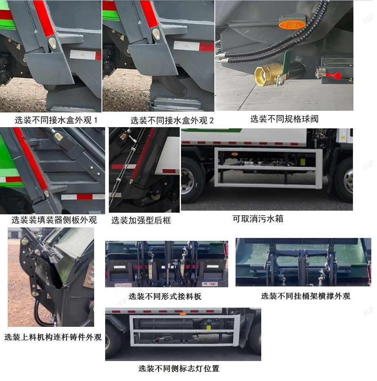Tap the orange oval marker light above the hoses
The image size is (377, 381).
pyautogui.click(x=292, y=24)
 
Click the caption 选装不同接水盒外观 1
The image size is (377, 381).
pyautogui.click(x=56, y=120)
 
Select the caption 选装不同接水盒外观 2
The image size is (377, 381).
pyautogui.click(x=172, y=121)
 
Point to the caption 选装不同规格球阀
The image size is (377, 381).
pyautogui.click(x=284, y=119)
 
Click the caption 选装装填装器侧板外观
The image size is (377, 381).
pyautogui.click(x=54, y=220)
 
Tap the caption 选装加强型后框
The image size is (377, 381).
pyautogui.click(x=141, y=220)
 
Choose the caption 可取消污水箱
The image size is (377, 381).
pyautogui.click(x=258, y=219)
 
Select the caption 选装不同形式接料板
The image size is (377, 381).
pyautogui.click(x=165, y=297)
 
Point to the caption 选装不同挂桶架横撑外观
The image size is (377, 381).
pyautogui.click(x=305, y=296)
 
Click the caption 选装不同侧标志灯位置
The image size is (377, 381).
pyautogui.click(x=179, y=369)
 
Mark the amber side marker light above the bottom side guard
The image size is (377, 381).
pyautogui.click(x=183, y=313)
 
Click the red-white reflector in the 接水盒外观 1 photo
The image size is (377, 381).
pyautogui.click(x=85, y=55)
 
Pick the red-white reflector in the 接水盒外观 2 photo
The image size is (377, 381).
pyautogui.click(x=194, y=46)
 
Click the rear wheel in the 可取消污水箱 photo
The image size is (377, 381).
pyautogui.click(x=192, y=181)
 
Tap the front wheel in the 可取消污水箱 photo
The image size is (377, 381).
pyautogui.click(x=345, y=182)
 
